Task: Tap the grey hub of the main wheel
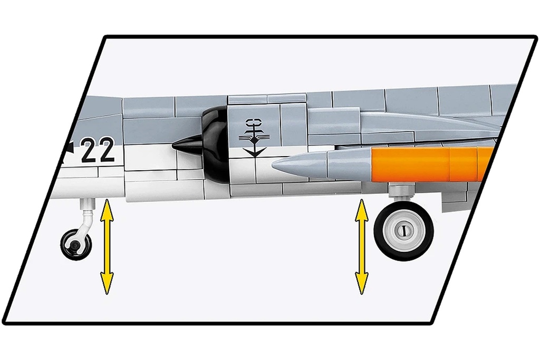click(x=402, y=230)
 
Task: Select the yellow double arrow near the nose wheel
click(x=107, y=247)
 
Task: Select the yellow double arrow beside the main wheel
click(x=361, y=247)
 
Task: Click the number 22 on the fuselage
click(x=98, y=149)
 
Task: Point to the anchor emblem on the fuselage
click(x=254, y=138)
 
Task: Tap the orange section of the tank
click(x=431, y=164)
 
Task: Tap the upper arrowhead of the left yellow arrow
click(x=107, y=208)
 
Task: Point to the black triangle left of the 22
click(x=70, y=147)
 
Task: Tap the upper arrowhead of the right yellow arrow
click(x=361, y=208)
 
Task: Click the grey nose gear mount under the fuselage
click(x=87, y=205)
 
